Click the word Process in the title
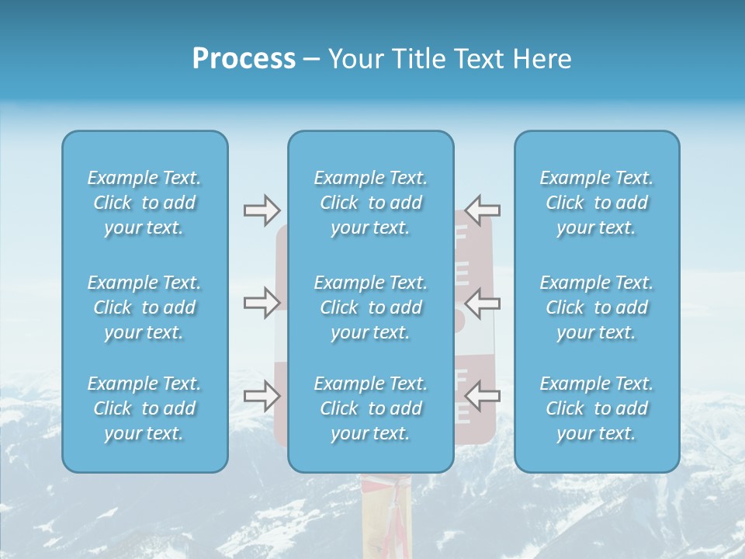click(244, 59)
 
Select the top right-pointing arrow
click(262, 209)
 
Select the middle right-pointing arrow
click(262, 303)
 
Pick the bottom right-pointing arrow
click(262, 396)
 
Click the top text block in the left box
click(144, 203)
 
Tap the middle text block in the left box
click(144, 307)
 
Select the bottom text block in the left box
click(144, 408)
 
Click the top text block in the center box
click(370, 203)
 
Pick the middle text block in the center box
click(370, 307)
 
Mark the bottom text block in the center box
click(370, 408)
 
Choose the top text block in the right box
click(596, 203)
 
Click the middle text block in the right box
click(596, 307)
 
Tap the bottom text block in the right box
click(596, 408)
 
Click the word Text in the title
click(476, 59)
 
